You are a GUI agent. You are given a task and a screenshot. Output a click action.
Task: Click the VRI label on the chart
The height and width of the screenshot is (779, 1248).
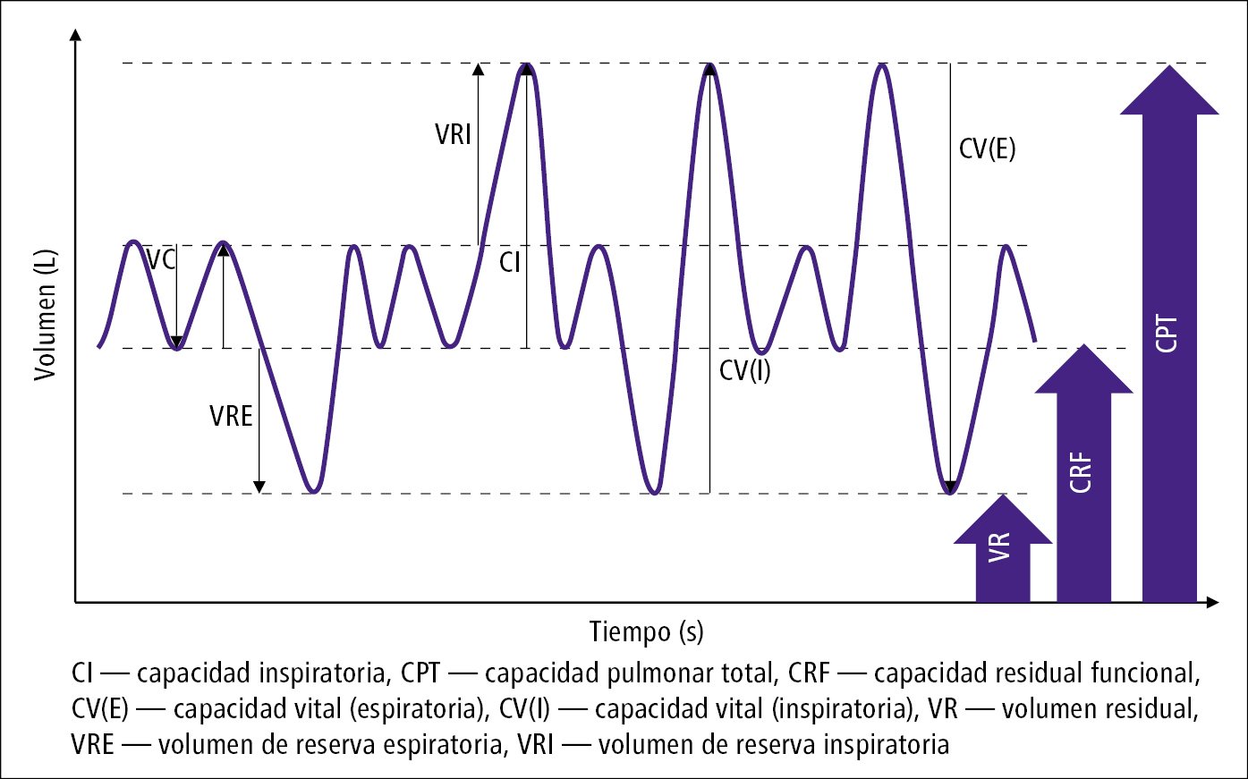(x=453, y=135)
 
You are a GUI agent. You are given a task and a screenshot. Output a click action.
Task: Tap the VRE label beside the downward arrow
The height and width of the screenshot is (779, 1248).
(x=231, y=416)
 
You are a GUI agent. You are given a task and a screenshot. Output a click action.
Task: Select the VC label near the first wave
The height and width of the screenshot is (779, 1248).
(x=161, y=260)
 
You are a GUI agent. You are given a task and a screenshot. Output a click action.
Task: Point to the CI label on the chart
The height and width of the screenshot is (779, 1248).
(x=509, y=262)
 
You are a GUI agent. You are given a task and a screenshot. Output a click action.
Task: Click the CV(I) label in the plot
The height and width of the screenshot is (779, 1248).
(x=744, y=370)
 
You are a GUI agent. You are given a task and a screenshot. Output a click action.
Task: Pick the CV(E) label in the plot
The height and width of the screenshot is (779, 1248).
(x=987, y=148)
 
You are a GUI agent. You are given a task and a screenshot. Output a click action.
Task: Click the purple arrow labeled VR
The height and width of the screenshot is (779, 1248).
(x=1002, y=550)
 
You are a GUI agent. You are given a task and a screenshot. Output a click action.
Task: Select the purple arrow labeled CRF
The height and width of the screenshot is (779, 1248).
(x=1083, y=474)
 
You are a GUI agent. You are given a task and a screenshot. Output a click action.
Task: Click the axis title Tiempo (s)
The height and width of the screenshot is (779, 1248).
(x=646, y=631)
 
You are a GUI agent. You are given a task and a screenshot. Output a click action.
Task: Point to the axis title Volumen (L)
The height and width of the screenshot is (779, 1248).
(x=46, y=314)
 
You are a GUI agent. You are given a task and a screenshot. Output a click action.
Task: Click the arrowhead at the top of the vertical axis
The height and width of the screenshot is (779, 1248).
(x=75, y=36)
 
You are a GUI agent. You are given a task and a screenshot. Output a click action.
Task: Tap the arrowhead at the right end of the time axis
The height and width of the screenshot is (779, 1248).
(x=1212, y=603)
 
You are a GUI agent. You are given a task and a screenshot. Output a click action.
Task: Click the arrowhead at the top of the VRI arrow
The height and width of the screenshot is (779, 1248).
(x=479, y=70)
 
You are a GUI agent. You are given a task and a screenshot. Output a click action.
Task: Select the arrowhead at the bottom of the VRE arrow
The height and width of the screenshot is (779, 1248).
(x=259, y=487)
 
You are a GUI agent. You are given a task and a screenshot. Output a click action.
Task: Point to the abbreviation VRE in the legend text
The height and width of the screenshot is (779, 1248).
(x=93, y=744)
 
